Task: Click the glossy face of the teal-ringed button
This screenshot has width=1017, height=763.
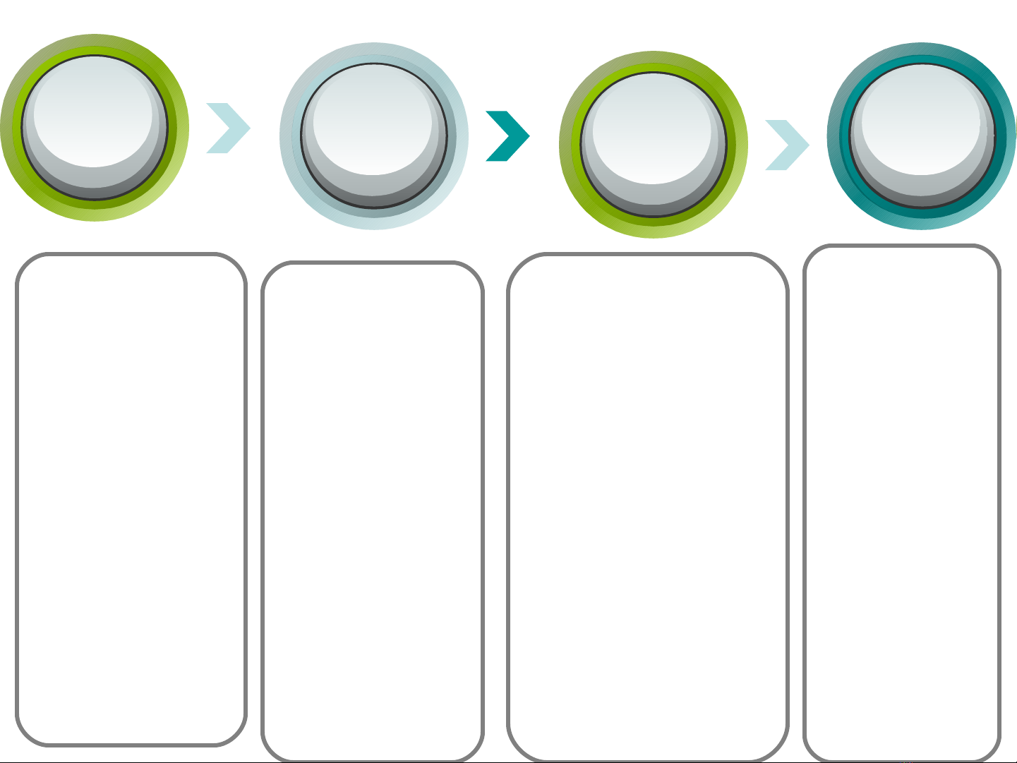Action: click(x=920, y=120)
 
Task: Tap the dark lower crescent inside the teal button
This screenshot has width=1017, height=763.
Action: click(x=922, y=194)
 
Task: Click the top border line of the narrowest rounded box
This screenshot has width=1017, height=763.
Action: click(x=902, y=246)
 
